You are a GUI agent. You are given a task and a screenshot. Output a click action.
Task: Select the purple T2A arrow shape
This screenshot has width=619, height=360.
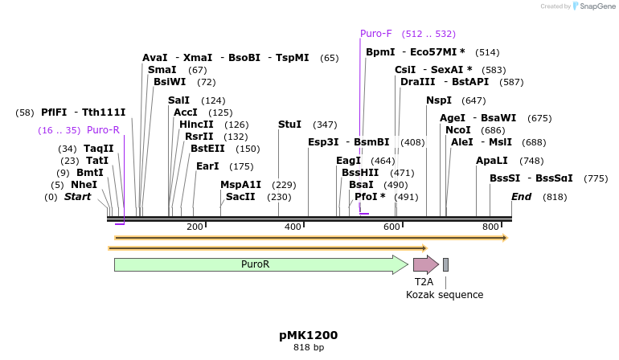click(425, 264)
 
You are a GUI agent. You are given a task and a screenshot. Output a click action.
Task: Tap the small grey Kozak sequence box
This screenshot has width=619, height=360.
click(445, 264)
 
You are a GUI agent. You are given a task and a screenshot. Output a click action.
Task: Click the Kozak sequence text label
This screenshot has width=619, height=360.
click(445, 295)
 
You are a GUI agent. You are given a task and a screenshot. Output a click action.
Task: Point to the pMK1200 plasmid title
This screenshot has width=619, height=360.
click(309, 335)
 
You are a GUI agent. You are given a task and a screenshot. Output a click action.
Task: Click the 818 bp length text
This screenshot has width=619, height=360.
click(309, 348)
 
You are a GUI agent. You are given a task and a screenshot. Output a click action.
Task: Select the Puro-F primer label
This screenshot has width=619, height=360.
click(376, 34)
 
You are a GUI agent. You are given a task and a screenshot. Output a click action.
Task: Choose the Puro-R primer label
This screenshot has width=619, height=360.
click(103, 130)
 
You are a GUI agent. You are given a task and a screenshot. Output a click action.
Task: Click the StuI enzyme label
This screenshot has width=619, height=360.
click(289, 125)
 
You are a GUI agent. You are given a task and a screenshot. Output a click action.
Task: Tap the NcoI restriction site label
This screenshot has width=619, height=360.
click(458, 130)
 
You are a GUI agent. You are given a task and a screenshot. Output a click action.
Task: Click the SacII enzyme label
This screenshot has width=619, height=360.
click(240, 197)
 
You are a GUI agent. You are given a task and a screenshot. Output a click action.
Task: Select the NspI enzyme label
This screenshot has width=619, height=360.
click(439, 100)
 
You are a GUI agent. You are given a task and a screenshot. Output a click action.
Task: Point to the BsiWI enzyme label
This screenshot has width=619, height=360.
click(170, 82)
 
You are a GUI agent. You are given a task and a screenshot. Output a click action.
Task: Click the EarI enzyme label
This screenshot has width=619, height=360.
click(207, 166)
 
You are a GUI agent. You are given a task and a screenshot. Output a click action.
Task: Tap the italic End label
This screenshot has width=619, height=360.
click(521, 197)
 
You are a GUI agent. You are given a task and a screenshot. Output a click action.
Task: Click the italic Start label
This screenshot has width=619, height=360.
click(78, 197)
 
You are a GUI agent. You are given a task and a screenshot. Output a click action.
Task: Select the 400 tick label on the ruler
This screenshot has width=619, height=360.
click(293, 227)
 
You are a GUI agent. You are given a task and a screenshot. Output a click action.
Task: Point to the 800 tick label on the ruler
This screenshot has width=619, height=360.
click(490, 227)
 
